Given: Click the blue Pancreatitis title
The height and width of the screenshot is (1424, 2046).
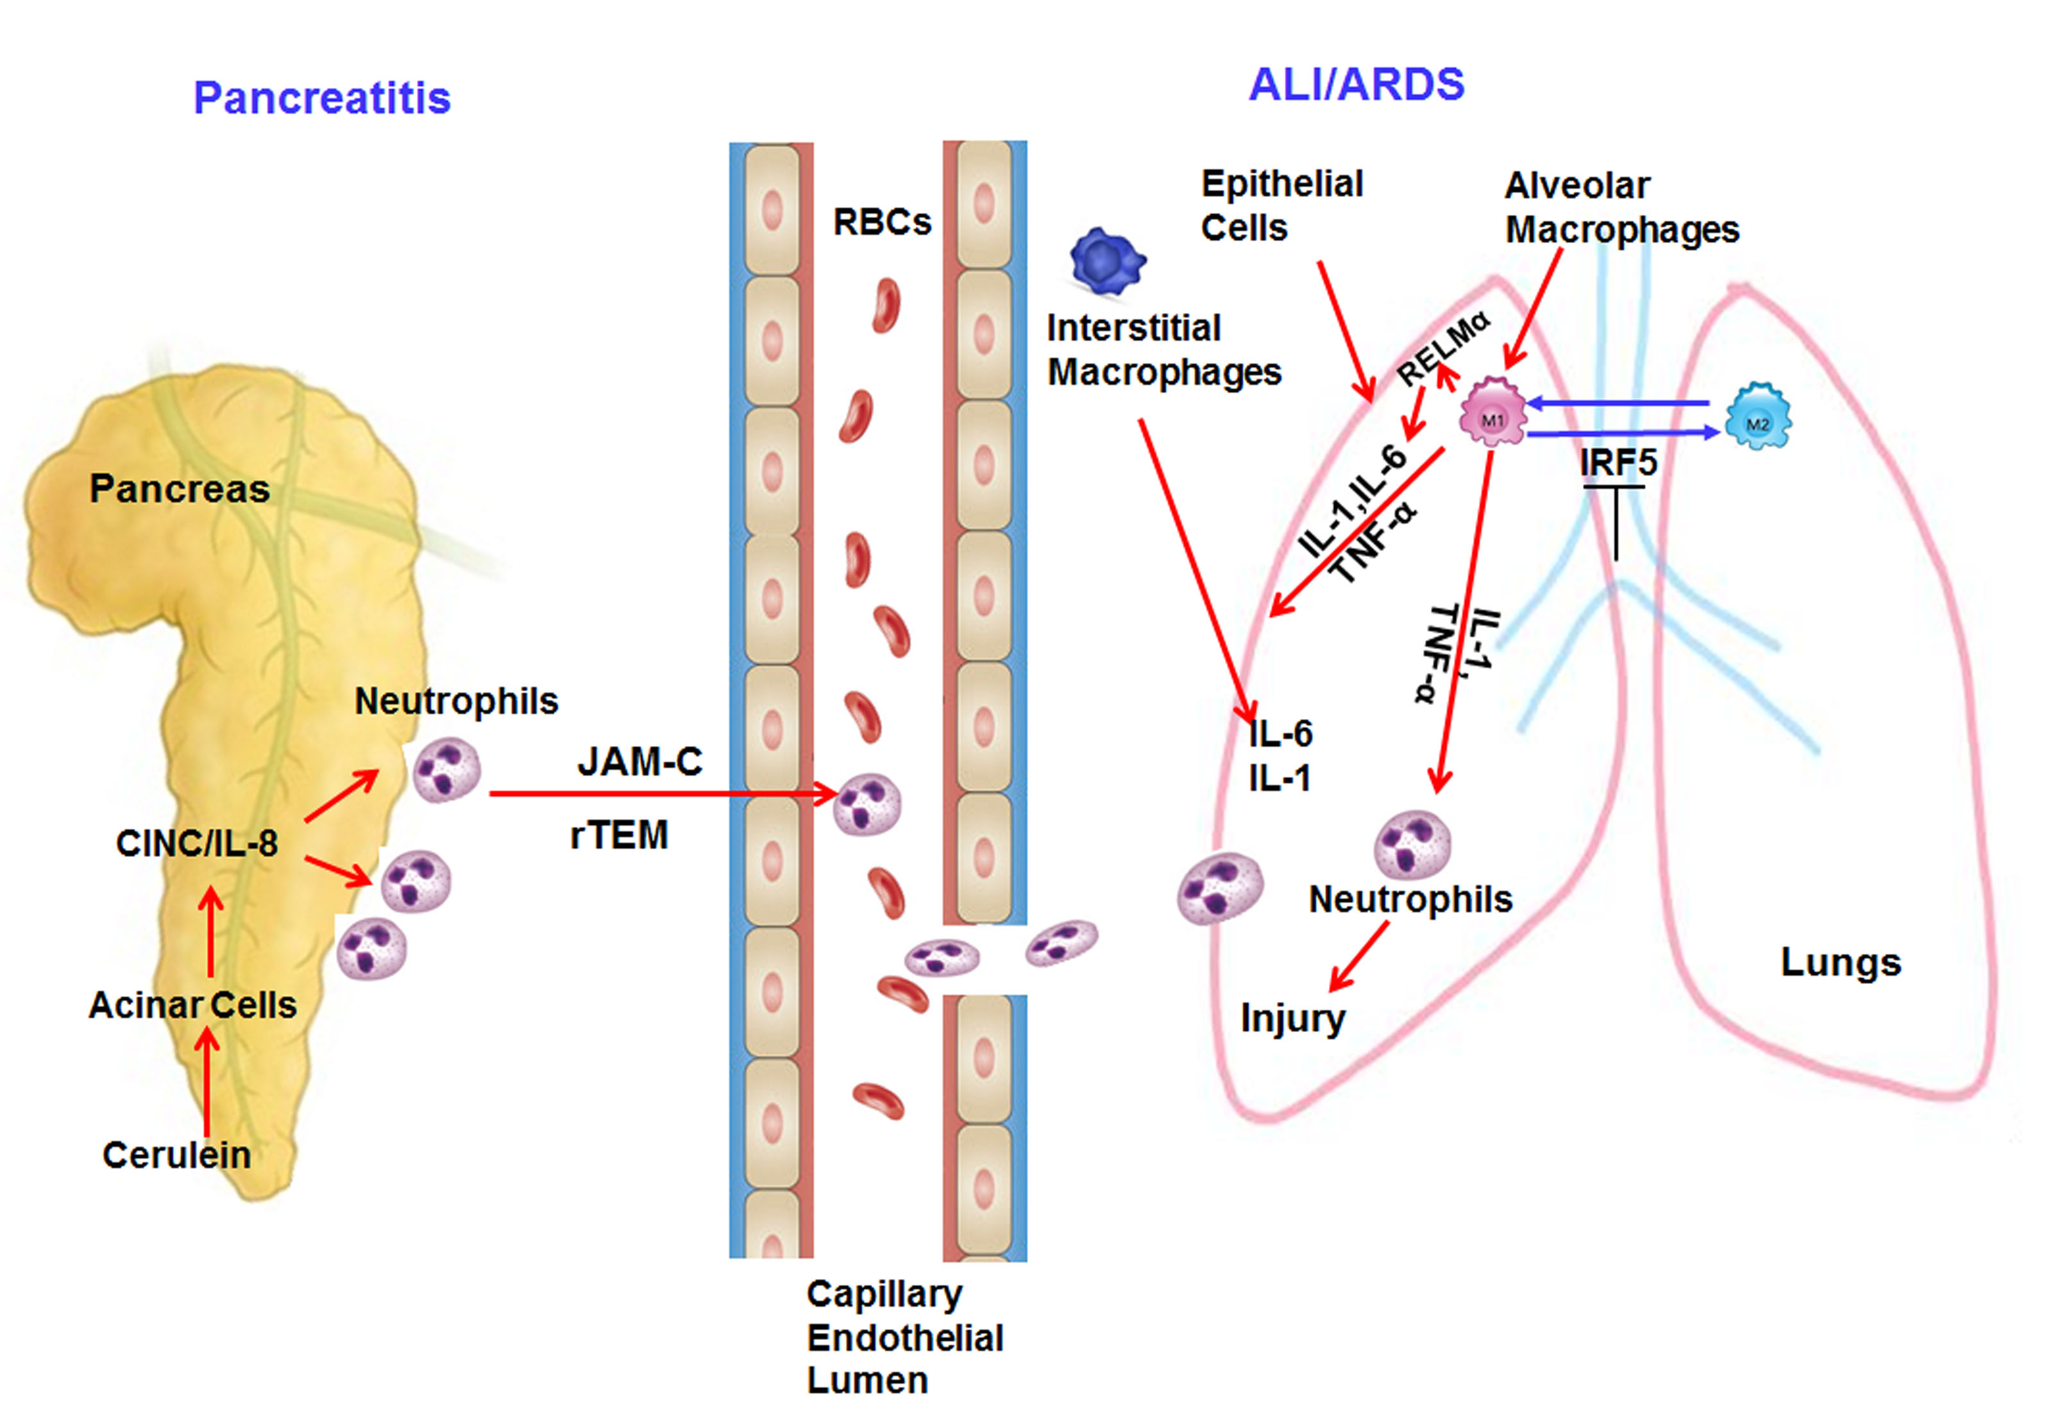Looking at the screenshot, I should pyautogui.click(x=322, y=98).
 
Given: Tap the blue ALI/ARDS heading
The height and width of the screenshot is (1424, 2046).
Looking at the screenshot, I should pyautogui.click(x=1357, y=85).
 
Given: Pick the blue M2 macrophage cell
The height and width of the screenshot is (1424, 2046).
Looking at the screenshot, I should pyautogui.click(x=1757, y=418).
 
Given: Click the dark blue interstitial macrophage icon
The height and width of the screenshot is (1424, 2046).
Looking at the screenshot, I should pyautogui.click(x=1107, y=261).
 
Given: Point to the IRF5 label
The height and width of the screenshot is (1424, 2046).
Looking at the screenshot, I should pyautogui.click(x=1618, y=463).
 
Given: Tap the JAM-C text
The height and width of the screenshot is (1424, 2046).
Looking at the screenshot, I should pyautogui.click(x=640, y=762).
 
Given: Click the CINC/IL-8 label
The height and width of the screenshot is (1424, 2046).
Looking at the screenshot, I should pyautogui.click(x=197, y=843).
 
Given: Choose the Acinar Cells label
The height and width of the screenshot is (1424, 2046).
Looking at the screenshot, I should pyautogui.click(x=192, y=1005).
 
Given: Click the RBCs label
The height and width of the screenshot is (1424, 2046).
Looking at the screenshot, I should pyautogui.click(x=881, y=222).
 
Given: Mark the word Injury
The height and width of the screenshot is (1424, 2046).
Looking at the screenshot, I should pyautogui.click(x=1292, y=1018).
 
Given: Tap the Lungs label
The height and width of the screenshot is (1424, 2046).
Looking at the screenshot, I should pyautogui.click(x=1840, y=962).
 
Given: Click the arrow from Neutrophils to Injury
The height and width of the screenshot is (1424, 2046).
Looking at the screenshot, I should pyautogui.click(x=1359, y=955).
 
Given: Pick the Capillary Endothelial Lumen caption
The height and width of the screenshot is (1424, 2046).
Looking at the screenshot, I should pyautogui.click(x=904, y=1337).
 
